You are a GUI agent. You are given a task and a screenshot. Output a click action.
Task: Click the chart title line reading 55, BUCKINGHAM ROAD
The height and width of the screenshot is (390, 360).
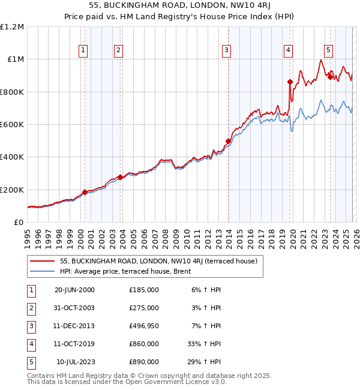[x=180, y=5]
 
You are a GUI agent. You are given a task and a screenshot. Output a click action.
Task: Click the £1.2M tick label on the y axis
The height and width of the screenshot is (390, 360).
[x=12, y=27]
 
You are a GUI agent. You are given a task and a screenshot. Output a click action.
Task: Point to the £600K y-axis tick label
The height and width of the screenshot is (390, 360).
[x=12, y=125]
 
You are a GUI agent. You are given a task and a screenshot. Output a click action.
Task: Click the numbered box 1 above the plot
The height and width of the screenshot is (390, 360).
[x=83, y=50]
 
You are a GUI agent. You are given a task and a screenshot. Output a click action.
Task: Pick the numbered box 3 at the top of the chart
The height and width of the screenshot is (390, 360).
[x=227, y=50]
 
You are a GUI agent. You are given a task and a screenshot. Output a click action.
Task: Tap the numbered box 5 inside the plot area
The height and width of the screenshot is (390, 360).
[x=329, y=50]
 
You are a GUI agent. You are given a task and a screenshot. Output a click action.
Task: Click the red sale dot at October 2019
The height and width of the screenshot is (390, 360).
[x=290, y=82]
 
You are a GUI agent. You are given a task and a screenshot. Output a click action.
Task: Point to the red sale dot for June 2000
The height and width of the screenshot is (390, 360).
[x=85, y=192]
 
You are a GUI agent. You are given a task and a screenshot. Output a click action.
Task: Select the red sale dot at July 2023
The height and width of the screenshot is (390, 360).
[x=330, y=77]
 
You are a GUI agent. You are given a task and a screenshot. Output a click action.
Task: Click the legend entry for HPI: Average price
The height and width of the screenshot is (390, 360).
[x=125, y=271]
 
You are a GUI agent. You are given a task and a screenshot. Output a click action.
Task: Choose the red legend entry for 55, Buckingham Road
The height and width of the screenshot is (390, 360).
[x=158, y=261]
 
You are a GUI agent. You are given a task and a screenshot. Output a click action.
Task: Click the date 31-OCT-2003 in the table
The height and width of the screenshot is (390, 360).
[x=74, y=308]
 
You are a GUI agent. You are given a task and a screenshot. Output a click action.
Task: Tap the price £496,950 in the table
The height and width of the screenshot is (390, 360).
[x=144, y=326]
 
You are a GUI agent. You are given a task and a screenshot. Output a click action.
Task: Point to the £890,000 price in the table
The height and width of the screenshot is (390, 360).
[x=144, y=362]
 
